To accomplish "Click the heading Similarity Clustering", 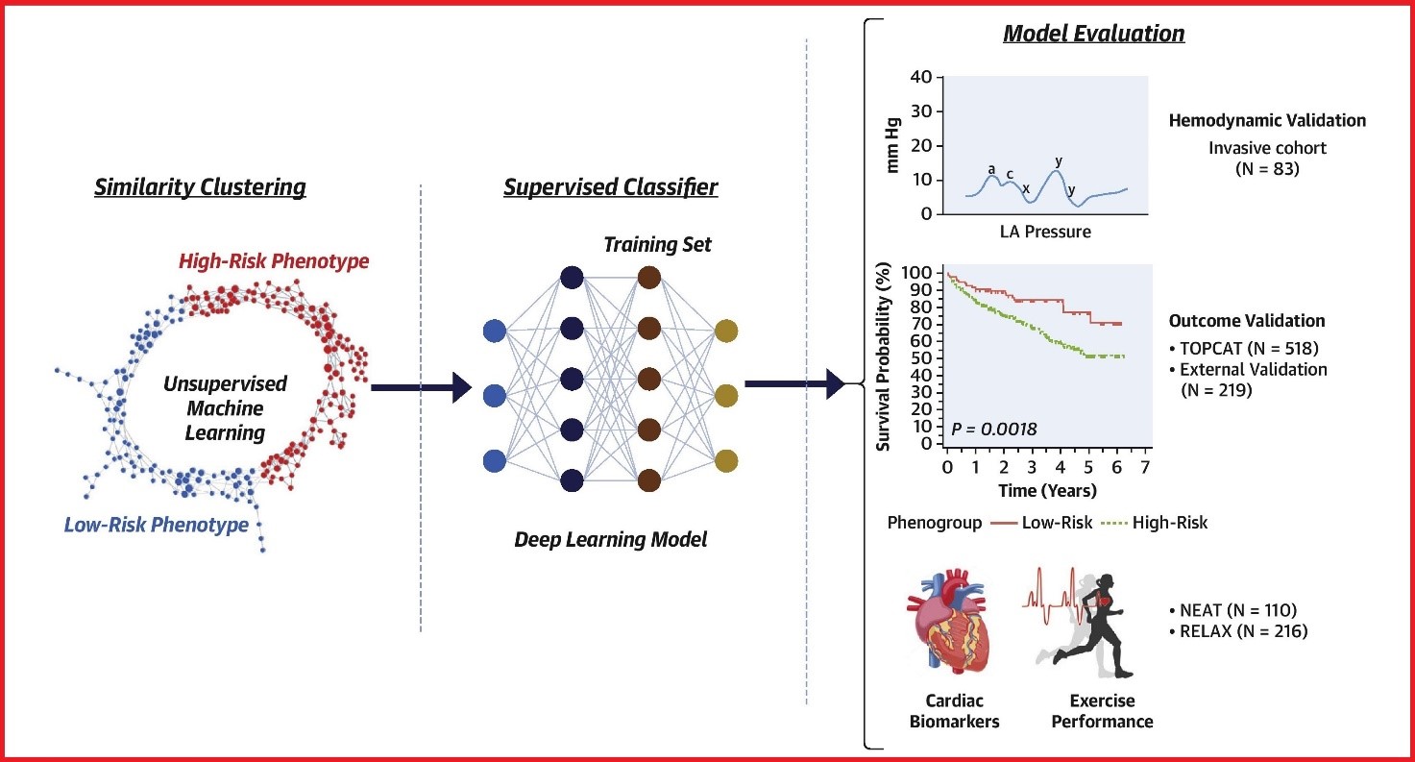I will [x=200, y=187].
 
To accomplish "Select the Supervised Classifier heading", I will [x=610, y=187].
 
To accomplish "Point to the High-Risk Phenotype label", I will [x=274, y=260].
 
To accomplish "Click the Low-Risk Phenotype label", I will [x=156, y=525].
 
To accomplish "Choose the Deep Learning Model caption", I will [x=610, y=540].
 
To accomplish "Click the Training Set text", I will [x=657, y=245].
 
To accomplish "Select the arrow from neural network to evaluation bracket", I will [x=793, y=385].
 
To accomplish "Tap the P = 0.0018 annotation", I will [x=994, y=429].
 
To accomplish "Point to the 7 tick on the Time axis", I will [x=1143, y=467].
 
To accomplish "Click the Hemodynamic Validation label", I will [x=1267, y=121].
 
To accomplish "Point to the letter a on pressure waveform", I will [x=991, y=169].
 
